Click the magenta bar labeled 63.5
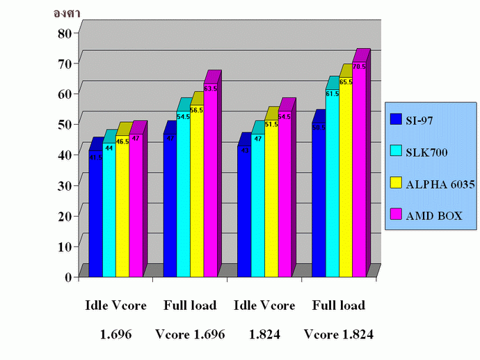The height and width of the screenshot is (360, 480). point(210,181)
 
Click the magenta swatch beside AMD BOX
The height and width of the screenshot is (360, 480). point(394,217)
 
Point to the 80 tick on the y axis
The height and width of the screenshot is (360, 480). point(63,32)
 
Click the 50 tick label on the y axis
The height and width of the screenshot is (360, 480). point(63,124)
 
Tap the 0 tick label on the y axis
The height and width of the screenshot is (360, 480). point(67,276)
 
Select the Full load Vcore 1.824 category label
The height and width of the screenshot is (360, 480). point(339,320)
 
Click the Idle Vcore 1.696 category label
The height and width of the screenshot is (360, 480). point(114,320)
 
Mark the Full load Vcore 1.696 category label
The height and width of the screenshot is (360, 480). point(190,320)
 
